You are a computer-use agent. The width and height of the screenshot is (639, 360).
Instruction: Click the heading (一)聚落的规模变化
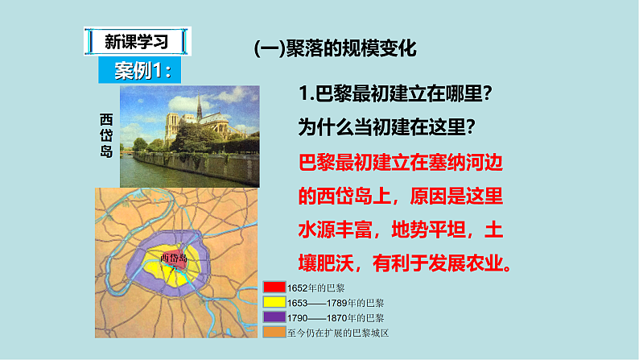[x=336, y=48]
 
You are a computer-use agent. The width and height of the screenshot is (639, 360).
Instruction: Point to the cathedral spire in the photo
[x=199, y=106]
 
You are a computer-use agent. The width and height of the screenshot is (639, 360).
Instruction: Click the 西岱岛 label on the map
[x=174, y=258]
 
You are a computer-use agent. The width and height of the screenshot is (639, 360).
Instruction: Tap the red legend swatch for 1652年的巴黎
[x=274, y=288]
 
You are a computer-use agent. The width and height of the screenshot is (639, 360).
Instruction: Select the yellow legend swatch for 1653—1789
[x=274, y=302]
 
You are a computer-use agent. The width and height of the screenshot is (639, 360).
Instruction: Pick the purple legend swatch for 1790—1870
[x=274, y=317]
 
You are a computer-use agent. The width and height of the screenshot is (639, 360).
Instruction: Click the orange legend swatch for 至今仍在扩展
[x=274, y=332]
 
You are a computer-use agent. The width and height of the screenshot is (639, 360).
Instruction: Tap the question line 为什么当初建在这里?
[x=385, y=127]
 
